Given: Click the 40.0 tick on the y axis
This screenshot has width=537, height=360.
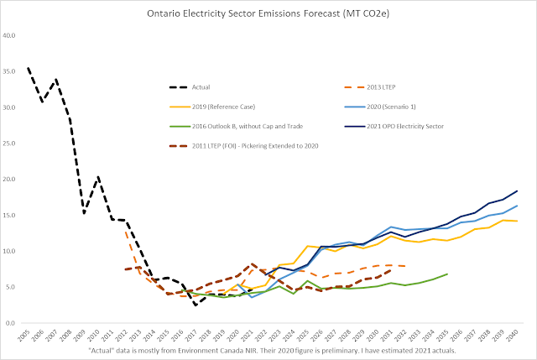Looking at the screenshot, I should [12, 36].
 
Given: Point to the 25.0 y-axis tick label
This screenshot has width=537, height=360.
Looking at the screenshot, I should [12, 143].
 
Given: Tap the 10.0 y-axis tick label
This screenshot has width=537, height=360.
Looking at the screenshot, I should [12, 251].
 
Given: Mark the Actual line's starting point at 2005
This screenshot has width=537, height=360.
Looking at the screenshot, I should [29, 68].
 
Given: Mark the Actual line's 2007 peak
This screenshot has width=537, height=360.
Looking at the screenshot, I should [57, 80].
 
